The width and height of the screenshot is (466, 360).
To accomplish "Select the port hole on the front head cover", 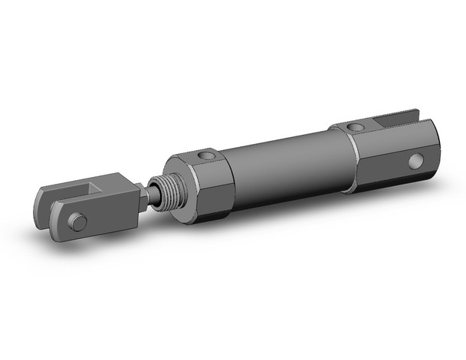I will point(205,156).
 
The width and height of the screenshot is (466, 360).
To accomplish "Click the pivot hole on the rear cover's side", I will point(416,161).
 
